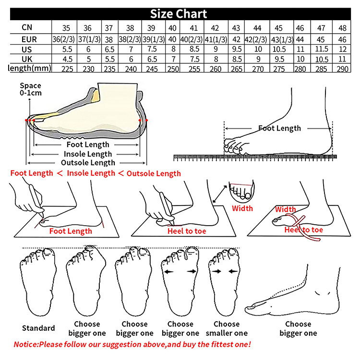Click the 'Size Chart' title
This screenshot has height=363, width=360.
[x=179, y=13]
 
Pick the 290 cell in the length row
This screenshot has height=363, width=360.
[x=342, y=69]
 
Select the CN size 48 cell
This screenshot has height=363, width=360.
[x=342, y=28]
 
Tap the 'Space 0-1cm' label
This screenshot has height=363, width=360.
[x=30, y=89]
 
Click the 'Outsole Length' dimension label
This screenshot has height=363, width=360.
[x=88, y=163]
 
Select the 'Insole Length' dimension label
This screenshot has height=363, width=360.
[x=88, y=154]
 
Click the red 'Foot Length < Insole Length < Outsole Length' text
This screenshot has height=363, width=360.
[x=96, y=173]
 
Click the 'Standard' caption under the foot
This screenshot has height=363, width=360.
[x=38, y=328]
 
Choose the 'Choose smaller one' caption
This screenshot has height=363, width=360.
[x=227, y=328]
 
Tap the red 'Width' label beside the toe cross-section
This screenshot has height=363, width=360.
[x=242, y=208]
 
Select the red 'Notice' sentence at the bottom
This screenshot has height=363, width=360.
[x=132, y=344]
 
